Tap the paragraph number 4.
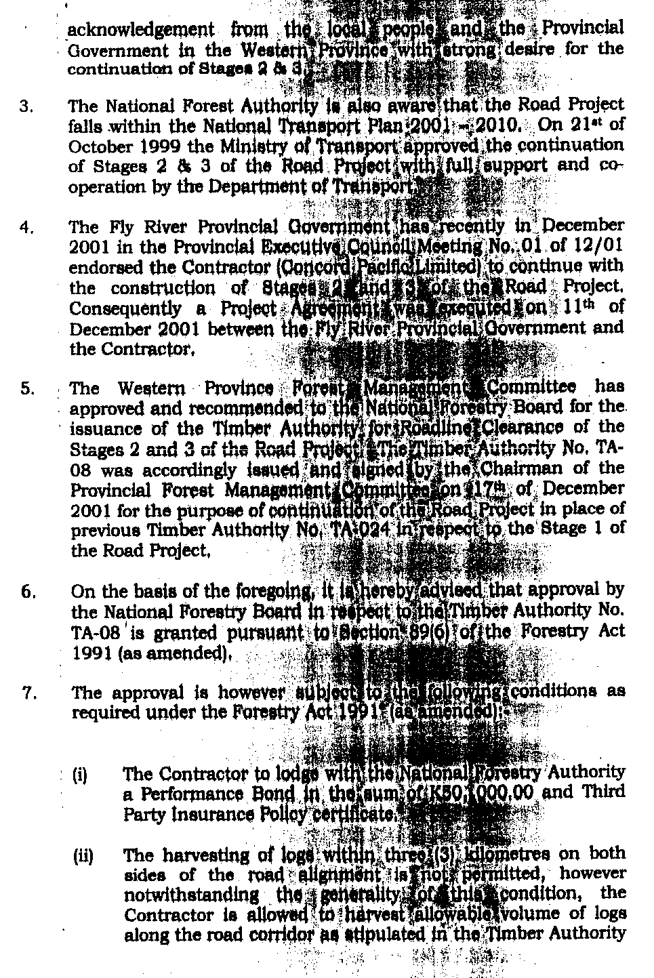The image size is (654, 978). [x=26, y=228]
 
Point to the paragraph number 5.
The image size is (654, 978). [x=26, y=389]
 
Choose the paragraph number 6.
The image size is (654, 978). [x=27, y=592]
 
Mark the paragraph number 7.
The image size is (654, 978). [x=27, y=693]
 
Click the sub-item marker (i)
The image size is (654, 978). [x=80, y=774]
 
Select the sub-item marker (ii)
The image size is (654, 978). [x=82, y=855]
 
